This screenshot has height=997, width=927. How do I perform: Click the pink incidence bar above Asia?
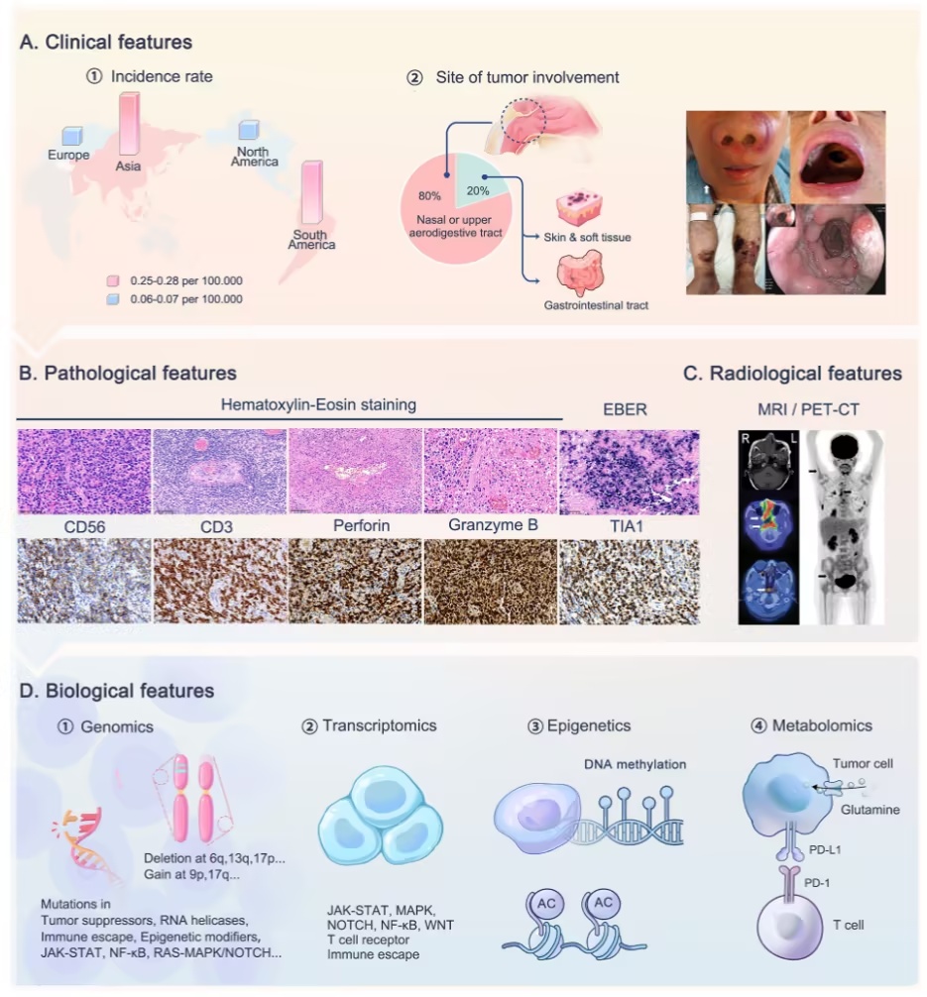pos(129,123)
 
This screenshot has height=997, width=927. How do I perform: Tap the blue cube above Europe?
pos(72,136)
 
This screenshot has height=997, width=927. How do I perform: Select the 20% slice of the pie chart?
pos(481,180)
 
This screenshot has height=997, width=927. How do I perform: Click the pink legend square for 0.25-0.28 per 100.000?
pos(113,281)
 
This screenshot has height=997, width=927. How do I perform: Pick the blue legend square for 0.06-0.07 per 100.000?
pos(113,299)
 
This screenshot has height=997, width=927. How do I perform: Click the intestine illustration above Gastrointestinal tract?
pos(579,273)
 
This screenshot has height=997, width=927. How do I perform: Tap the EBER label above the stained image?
pos(625,410)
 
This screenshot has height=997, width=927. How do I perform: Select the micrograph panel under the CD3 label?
pos(219,581)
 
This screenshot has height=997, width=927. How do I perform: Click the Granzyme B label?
pos(493,525)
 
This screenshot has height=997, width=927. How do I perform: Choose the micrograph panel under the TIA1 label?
pos(630,581)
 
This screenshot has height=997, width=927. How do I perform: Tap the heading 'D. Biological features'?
pos(116,691)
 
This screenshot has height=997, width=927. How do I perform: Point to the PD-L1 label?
pos(825,849)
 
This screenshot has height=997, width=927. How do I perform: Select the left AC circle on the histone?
pos(546,904)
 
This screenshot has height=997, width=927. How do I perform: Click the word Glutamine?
pos(869,810)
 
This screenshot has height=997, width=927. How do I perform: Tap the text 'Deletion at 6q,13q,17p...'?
pos(214,858)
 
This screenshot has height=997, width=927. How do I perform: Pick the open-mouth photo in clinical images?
pos(838,157)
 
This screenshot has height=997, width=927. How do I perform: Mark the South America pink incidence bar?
pos(311,192)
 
